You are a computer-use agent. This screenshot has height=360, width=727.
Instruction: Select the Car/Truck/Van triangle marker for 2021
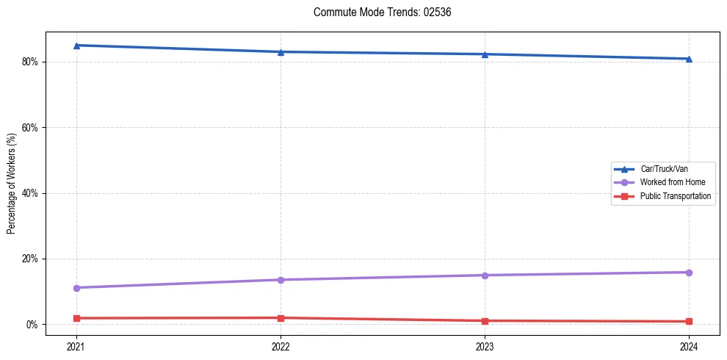[x=76, y=46]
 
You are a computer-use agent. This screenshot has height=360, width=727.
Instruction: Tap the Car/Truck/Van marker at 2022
[x=281, y=51]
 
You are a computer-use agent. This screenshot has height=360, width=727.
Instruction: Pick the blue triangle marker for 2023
[x=485, y=54]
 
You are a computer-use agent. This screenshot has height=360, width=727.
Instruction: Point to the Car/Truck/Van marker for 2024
[x=689, y=59]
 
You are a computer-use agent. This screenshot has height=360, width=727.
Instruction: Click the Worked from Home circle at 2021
[x=76, y=288]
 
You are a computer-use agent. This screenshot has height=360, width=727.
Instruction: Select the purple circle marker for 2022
[x=281, y=280]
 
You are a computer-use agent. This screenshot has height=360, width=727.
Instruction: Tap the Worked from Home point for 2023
[x=485, y=276]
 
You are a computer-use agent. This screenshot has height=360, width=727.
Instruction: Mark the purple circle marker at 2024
[x=689, y=273]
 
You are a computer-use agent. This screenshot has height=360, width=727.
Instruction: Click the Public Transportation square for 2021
[x=76, y=318]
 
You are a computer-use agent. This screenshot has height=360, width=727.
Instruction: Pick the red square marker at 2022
[x=281, y=318]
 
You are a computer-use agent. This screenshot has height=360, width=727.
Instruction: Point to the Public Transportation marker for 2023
[x=485, y=321]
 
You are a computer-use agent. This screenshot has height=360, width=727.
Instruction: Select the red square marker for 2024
[x=689, y=322]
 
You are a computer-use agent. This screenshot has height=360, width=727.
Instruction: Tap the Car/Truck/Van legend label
[x=663, y=169]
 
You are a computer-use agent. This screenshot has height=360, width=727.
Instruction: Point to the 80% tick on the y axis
[x=31, y=62]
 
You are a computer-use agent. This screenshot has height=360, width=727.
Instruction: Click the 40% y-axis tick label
[x=31, y=193]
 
